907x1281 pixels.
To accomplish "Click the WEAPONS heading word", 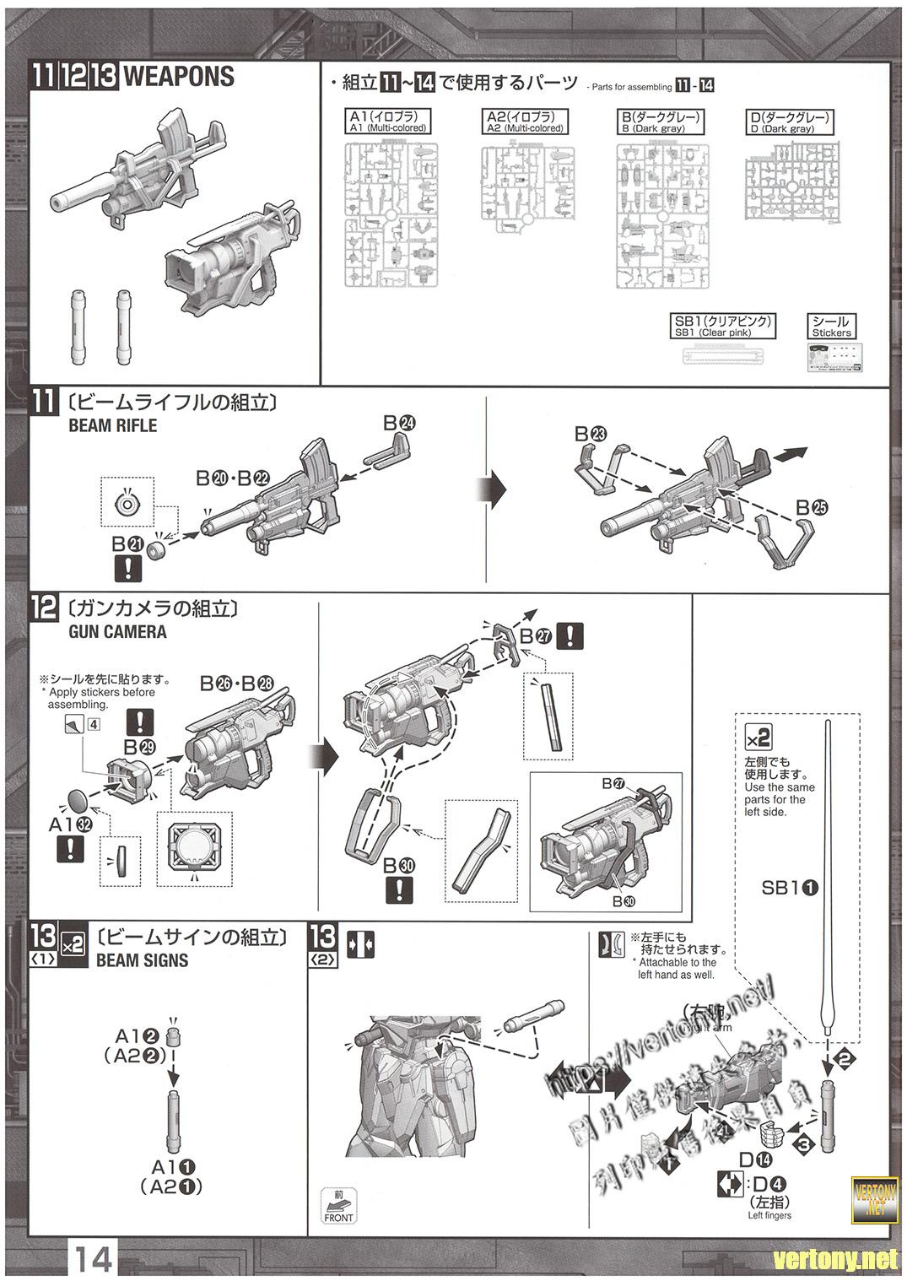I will click(179, 78).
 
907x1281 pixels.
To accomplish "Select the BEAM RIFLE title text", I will click(112, 425).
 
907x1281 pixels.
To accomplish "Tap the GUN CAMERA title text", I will click(117, 631).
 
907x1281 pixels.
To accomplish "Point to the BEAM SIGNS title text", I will click(142, 959).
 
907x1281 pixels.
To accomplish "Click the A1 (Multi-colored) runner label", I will click(387, 122).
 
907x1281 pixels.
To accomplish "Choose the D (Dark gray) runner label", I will click(790, 122).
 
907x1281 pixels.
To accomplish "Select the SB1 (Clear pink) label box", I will click(722, 326).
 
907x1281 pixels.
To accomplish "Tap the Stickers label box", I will click(831, 326).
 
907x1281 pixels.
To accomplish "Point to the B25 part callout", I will click(812, 507).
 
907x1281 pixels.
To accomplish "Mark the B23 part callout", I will click(591, 434).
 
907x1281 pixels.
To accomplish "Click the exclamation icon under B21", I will click(127, 566).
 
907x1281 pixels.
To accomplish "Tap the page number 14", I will click(94, 1260).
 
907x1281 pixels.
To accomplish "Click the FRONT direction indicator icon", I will click(338, 1206).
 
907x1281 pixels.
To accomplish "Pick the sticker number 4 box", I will click(94, 723).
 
